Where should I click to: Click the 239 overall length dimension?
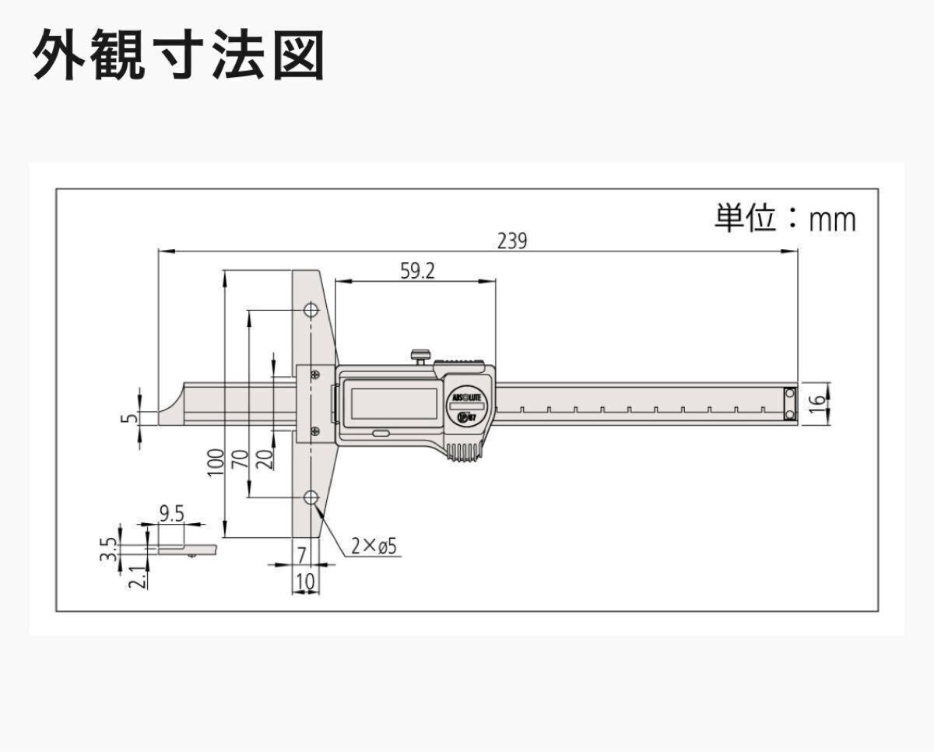(512, 241)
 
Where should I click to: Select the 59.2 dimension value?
(417, 271)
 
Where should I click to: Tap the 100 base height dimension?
(216, 463)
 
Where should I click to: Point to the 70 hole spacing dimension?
(241, 459)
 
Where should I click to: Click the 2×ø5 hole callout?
(374, 546)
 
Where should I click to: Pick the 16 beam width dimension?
(818, 404)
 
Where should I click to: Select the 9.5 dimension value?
(172, 514)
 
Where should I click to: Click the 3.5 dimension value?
(108, 549)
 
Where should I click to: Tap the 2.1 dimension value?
(137, 577)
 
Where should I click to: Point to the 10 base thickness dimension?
(306, 582)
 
